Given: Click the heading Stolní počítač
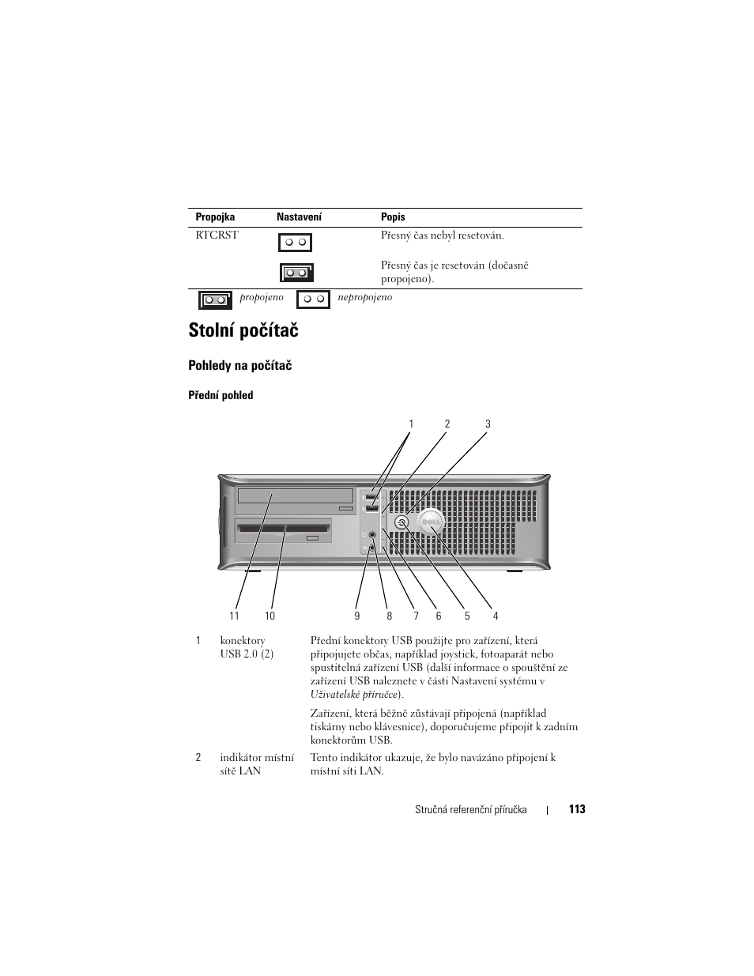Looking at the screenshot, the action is click(243, 330).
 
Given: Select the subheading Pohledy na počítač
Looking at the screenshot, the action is click(239, 365).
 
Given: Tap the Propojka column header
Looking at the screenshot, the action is click(215, 217).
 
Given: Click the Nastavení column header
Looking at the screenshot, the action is click(299, 217).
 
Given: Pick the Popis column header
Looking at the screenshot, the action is click(393, 217).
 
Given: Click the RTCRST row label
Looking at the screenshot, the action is click(217, 236).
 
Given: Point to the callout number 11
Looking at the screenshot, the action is click(234, 616).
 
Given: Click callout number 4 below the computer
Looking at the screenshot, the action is click(496, 616).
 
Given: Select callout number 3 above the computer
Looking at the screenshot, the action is click(488, 424).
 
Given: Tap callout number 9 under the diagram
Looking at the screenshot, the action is click(356, 616).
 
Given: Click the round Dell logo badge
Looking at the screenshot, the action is click(431, 522).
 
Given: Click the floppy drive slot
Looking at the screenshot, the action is click(283, 529).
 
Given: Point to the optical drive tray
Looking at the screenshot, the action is click(295, 497).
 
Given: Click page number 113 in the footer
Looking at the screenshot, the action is click(576, 809).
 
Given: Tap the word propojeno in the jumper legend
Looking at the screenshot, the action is click(261, 298).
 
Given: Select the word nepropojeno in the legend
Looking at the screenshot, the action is click(364, 298).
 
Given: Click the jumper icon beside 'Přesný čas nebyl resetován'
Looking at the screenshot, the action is click(295, 242).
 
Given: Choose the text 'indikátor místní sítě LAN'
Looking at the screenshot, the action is click(257, 763).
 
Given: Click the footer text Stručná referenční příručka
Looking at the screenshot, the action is click(470, 810).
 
